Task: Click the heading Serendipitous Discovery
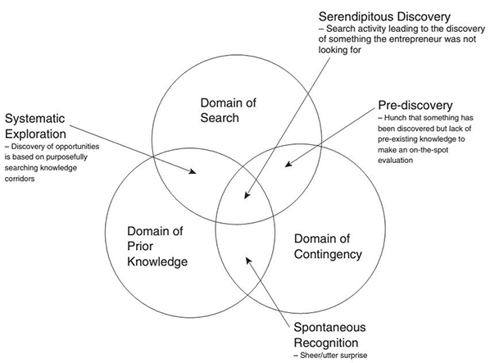click(x=384, y=17)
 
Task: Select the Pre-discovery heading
click(x=415, y=105)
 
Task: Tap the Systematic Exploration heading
click(x=35, y=126)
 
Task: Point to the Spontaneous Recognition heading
click(x=329, y=335)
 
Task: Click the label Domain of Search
click(x=228, y=111)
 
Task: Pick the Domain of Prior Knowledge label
click(x=157, y=246)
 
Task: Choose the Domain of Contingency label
click(x=328, y=247)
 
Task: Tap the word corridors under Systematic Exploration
click(x=20, y=179)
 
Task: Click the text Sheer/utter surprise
click(x=333, y=355)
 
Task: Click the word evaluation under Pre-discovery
click(x=395, y=161)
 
